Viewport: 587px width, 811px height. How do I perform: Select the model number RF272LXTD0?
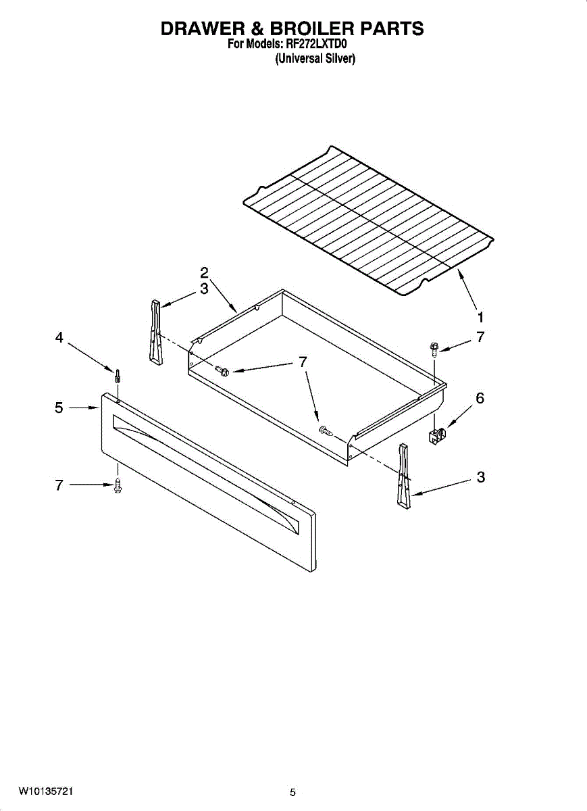tap(316, 45)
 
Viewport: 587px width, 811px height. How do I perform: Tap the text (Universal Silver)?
tap(315, 58)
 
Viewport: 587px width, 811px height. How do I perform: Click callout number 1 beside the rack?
tap(480, 318)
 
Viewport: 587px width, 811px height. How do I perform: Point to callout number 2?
tap(205, 272)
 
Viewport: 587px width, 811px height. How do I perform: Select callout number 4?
tap(59, 338)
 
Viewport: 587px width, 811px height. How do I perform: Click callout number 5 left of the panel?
tap(59, 408)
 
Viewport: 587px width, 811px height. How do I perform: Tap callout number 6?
tap(480, 398)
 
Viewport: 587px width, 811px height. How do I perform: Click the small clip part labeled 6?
tap(437, 435)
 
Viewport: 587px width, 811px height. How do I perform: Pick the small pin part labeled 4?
tap(118, 376)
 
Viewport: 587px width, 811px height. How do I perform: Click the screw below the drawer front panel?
tap(118, 485)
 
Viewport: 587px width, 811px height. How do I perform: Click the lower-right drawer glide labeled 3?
tap(404, 475)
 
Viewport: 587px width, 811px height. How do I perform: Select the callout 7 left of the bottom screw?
tap(59, 485)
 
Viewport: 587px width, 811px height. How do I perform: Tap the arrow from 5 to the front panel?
tap(84, 408)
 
